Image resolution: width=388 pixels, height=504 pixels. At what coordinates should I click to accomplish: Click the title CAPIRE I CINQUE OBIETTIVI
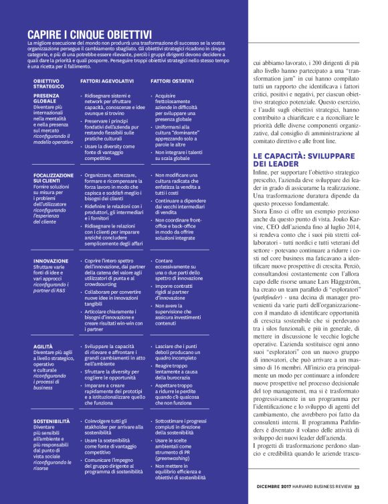pyautogui.click(x=89, y=33)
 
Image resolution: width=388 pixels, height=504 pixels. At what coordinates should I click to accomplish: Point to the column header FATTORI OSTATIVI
pyautogui.click(x=172, y=80)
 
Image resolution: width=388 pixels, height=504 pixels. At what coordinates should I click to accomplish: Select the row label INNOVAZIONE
pyautogui.click(x=51, y=260)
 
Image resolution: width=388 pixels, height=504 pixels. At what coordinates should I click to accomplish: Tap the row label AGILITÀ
pyautogui.click(x=43, y=346)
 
